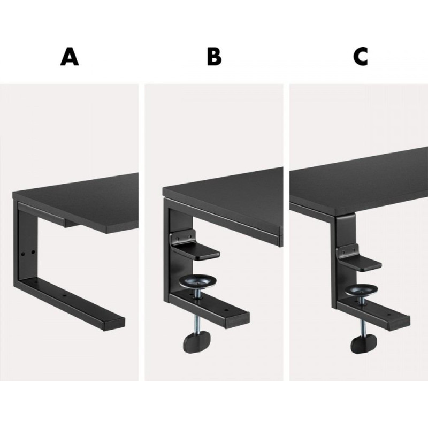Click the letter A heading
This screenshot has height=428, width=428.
point(70,57)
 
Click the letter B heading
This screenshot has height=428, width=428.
point(214,57)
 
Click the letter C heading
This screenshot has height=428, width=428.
point(360,57)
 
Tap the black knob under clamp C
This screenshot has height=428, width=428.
point(364,344)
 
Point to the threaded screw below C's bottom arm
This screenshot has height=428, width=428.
point(363,327)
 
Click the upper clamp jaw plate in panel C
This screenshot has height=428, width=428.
point(361,263)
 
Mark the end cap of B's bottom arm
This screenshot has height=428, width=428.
point(237,320)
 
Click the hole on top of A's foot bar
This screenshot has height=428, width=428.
point(64,295)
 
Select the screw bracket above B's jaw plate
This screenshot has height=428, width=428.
point(183,236)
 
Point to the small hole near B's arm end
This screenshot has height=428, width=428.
point(226,310)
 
